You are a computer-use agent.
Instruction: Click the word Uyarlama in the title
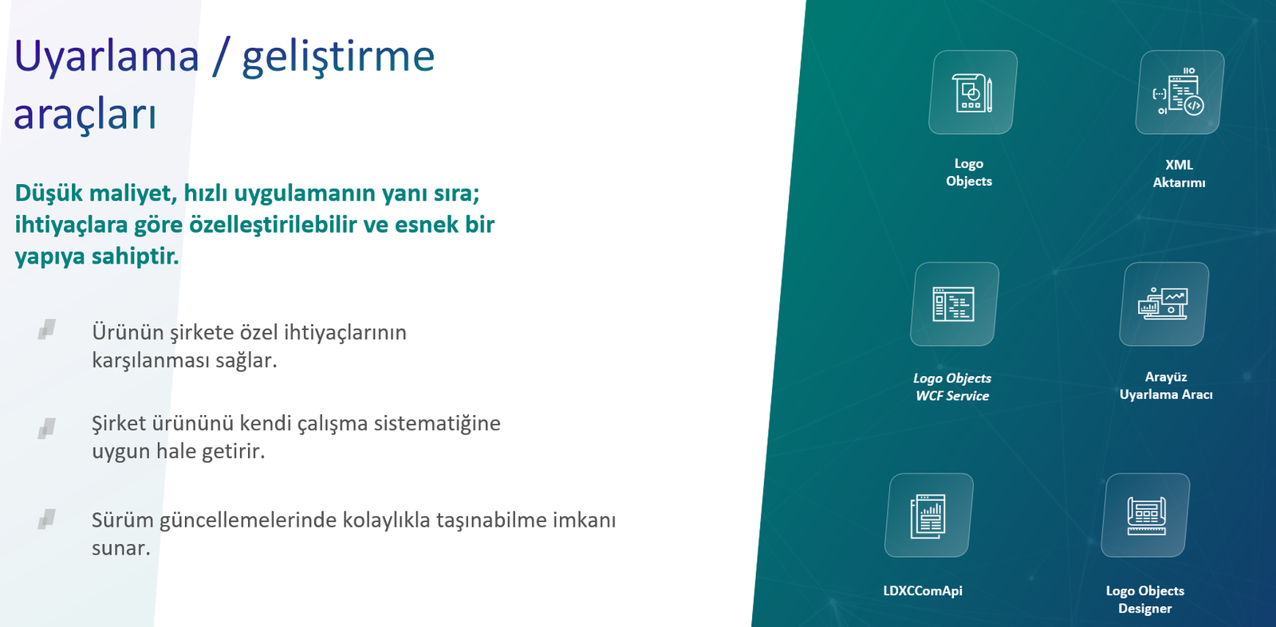107,57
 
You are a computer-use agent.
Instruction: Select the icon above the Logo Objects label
973,92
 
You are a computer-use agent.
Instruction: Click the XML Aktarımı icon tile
1180,92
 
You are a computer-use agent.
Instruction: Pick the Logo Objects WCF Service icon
955,304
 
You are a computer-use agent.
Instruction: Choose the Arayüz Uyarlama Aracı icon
1164,304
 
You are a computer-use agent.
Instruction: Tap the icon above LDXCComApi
929,515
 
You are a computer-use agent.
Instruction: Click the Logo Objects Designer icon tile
1145,515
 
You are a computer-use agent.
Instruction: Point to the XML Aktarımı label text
1179,174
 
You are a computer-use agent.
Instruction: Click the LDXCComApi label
923,590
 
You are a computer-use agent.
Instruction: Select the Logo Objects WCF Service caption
952,387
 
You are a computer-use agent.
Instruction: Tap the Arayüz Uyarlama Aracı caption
1166,386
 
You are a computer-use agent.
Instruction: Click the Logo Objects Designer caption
1145,600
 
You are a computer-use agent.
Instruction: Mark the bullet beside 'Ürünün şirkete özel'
47,329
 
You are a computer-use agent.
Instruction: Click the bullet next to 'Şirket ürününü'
47,429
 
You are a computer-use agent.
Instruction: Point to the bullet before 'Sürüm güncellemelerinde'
47,519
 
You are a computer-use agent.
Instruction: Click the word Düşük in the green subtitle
49,194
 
